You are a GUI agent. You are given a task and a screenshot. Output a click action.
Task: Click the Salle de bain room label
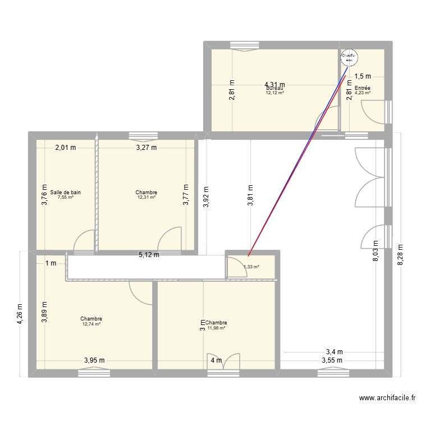click(65, 193)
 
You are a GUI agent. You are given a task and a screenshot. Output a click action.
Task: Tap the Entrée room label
click(362, 88)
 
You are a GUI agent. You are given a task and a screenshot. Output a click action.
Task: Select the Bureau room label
click(274, 88)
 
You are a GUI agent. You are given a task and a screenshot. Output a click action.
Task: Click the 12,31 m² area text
click(146, 198)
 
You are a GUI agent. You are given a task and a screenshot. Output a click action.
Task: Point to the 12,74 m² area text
click(91, 324)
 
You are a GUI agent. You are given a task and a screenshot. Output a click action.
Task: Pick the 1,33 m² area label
click(251, 267)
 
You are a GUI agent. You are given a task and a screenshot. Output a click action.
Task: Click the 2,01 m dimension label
click(65, 148)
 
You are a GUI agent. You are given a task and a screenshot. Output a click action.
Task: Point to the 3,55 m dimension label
click(332, 360)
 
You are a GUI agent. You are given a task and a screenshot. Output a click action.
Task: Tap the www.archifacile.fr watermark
click(387, 399)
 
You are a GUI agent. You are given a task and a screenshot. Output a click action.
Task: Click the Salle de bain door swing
click(85, 240)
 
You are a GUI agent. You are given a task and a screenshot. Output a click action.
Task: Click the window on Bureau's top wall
click(242, 46)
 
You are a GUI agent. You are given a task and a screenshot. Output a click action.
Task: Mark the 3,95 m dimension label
click(94, 360)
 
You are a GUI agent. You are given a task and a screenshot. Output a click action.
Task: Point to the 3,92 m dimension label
click(205, 196)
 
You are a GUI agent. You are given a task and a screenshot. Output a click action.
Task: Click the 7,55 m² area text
click(65, 198)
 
